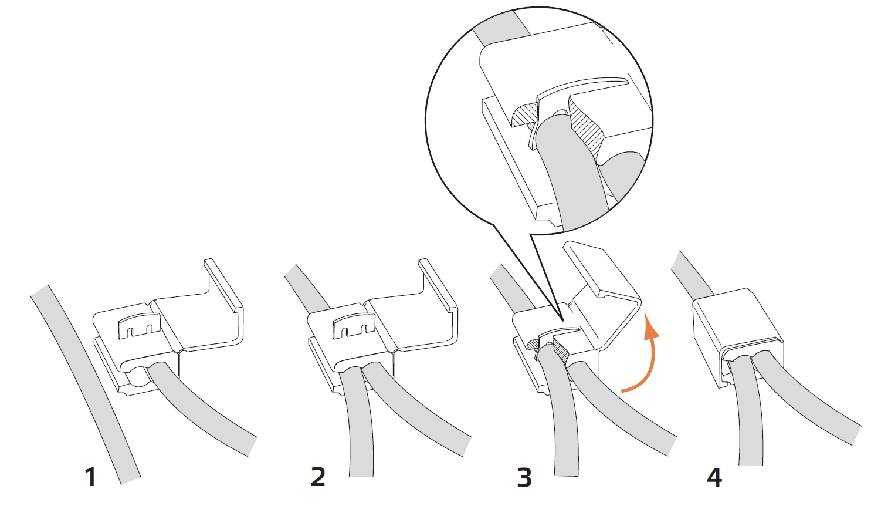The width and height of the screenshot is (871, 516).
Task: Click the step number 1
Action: (x=90, y=477)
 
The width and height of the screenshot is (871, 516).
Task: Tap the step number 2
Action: (x=318, y=477)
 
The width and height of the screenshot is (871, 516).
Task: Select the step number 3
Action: (x=524, y=477)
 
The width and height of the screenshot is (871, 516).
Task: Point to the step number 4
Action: (x=714, y=477)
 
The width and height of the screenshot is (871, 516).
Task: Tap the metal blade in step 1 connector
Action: (x=139, y=326)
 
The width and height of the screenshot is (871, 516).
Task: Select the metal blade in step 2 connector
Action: (x=354, y=326)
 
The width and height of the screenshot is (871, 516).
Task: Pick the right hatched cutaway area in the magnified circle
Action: (x=587, y=129)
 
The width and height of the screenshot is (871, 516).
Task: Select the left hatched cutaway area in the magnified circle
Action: (x=525, y=116)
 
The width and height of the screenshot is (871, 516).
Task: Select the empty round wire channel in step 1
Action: (x=135, y=378)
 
